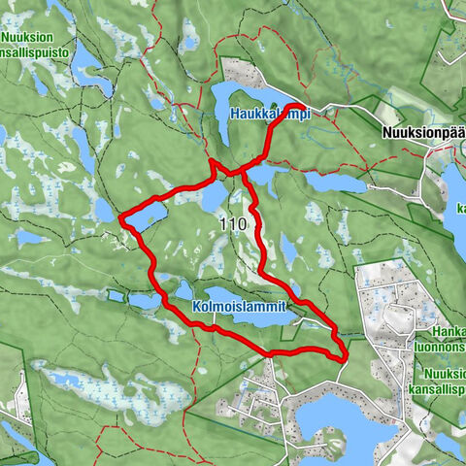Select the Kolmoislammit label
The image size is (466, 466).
tap(247, 306)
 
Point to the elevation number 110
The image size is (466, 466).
tap(233, 224)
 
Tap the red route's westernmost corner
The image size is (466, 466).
tap(120, 220)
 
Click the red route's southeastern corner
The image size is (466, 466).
tap(345, 358)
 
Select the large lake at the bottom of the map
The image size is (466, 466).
tap(335, 419)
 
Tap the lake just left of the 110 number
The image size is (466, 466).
tap(207, 198)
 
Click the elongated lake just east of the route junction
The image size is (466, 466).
tap(330, 182)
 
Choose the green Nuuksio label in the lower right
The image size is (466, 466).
tap(444, 372)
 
